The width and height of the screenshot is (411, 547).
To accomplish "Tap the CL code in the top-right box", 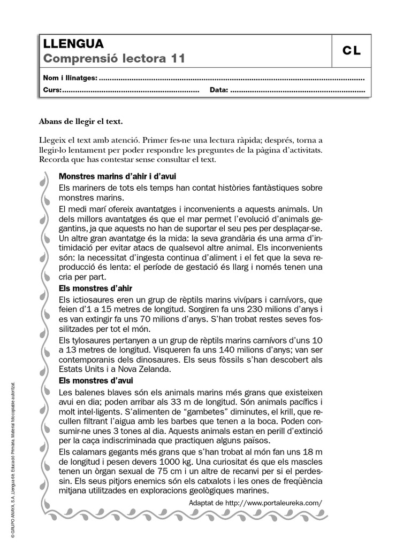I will (x=352, y=51).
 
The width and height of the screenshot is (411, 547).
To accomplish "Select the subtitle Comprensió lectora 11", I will (x=113, y=59).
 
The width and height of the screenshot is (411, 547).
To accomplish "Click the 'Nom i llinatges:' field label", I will (x=70, y=78).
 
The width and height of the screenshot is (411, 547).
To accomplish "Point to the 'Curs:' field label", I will (x=52, y=90).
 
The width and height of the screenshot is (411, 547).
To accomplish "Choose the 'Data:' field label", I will (x=219, y=90).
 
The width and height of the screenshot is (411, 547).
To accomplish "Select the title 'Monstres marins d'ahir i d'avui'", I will (x=117, y=176).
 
